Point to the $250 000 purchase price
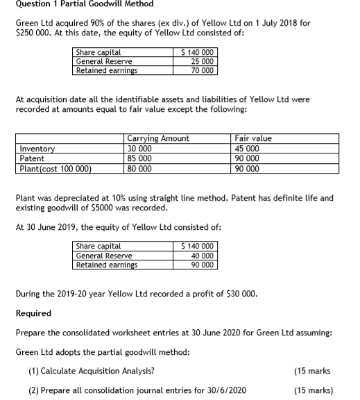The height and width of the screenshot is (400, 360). (x=30, y=33)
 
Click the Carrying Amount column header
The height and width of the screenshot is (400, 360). (x=158, y=138)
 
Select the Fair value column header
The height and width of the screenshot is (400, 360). (x=254, y=138)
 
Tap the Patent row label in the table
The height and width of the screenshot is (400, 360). (x=32, y=156)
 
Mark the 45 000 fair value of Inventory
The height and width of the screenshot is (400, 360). (x=248, y=147)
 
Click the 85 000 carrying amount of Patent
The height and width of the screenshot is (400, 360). (x=140, y=156)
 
